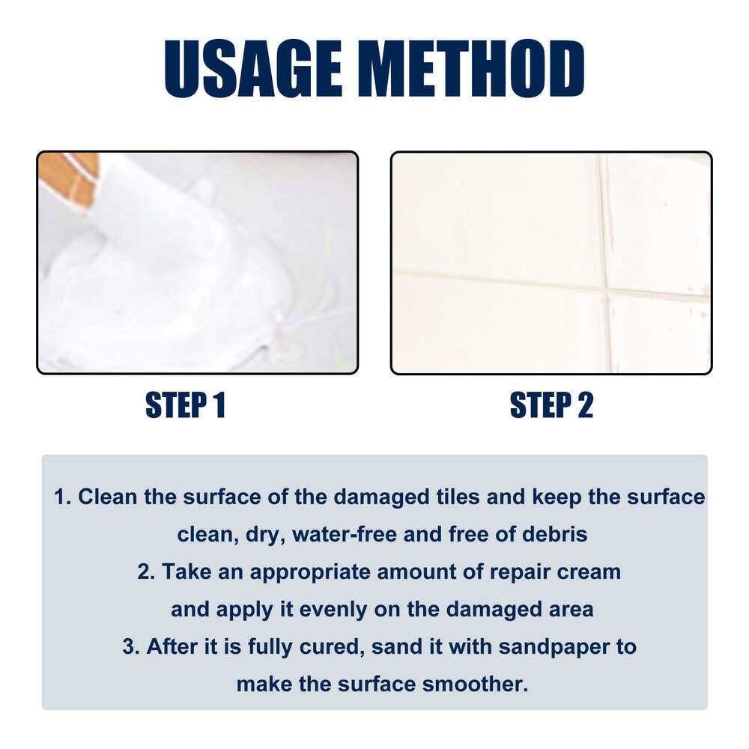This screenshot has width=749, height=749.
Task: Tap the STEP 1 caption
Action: click(186, 405)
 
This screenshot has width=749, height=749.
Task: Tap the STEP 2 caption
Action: click(551, 405)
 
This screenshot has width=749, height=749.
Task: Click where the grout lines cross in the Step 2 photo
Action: click(605, 291)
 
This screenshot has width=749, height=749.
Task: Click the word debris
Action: click(550, 534)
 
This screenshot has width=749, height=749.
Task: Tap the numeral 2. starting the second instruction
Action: click(146, 572)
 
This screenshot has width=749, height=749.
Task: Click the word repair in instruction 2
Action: click(490, 572)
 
